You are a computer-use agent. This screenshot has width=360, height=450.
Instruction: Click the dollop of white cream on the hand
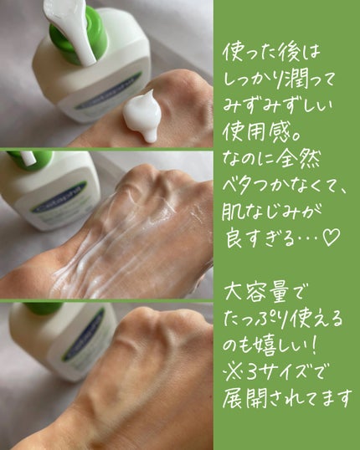(x=143, y=115)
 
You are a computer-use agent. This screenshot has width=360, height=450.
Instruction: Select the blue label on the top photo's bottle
(x=108, y=90)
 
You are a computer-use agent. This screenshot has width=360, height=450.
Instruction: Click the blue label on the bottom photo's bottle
(x=83, y=335)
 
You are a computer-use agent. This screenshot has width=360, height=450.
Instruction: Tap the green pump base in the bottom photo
(x=44, y=307)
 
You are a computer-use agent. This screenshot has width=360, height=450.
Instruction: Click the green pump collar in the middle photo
(x=32, y=160)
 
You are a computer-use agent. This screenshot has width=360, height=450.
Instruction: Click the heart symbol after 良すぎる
(x=331, y=238)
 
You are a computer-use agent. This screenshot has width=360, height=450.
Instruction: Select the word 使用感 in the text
(x=257, y=133)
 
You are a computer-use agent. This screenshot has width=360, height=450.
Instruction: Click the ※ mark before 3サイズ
(x=234, y=372)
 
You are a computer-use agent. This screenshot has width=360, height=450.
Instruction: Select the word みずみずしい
(x=277, y=106)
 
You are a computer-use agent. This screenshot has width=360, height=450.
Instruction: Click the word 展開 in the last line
(x=244, y=398)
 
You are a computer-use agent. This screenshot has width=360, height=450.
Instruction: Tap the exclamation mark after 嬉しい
(x=314, y=345)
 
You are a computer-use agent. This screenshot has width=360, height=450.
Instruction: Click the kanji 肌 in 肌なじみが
(x=232, y=212)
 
